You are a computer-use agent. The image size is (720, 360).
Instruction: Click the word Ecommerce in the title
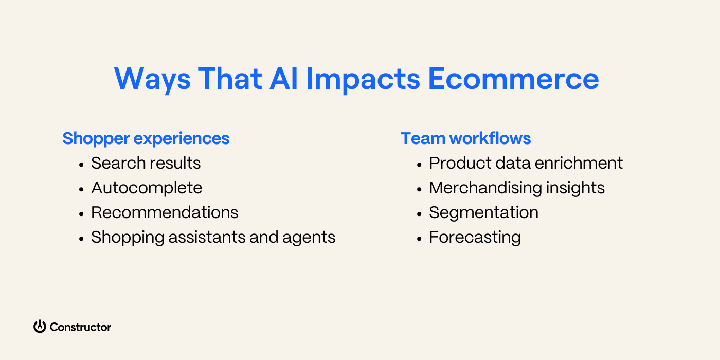click(513, 79)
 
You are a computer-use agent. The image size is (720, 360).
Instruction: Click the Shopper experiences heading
click(146, 138)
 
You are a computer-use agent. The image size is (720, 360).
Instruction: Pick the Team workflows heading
click(465, 138)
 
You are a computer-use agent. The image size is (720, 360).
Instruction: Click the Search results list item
click(146, 163)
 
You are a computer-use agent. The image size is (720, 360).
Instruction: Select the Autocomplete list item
click(147, 188)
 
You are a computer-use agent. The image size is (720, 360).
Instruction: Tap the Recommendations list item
click(165, 212)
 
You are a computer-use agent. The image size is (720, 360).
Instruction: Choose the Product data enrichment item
click(526, 163)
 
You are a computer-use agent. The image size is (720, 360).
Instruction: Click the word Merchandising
click(485, 188)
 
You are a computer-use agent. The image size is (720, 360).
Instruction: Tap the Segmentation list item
click(483, 212)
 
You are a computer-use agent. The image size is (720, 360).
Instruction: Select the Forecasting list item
click(475, 237)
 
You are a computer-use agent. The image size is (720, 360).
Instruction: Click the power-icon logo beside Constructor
click(40, 327)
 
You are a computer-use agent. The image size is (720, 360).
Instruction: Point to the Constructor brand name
click(80, 327)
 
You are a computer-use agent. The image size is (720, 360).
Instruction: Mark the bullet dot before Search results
click(81, 164)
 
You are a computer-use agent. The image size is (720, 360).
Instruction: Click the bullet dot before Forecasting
click(419, 238)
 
